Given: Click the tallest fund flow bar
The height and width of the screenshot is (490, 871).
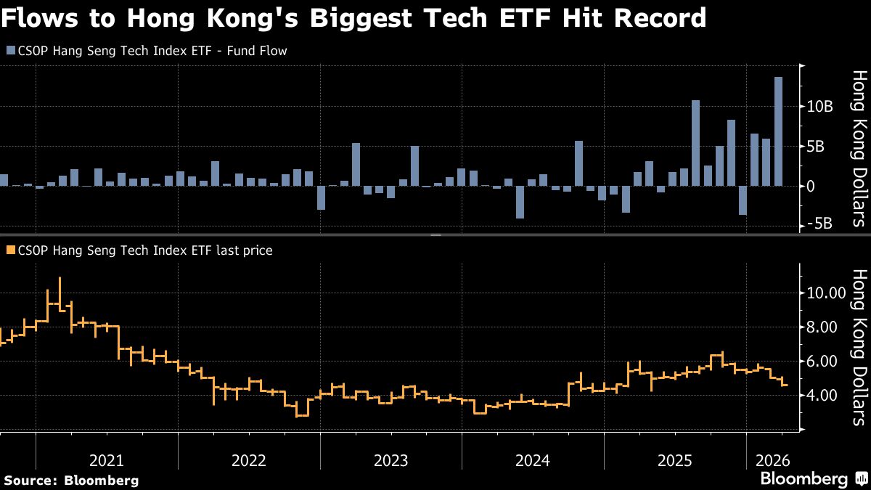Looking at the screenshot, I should tap(778, 131).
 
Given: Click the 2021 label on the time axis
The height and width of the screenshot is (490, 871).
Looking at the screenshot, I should tap(107, 460).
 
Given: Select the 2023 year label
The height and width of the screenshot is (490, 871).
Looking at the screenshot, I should tap(390, 460).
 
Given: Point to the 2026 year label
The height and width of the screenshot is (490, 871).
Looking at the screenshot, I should tap(772, 460).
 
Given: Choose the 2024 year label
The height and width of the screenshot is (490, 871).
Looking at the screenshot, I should tap(532, 460).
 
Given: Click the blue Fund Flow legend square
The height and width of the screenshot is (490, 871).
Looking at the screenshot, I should tap(9, 50).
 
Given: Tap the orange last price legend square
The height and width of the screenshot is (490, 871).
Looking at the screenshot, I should tap(9, 250).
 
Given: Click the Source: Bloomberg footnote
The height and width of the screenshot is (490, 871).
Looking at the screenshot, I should tap(71, 480).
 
